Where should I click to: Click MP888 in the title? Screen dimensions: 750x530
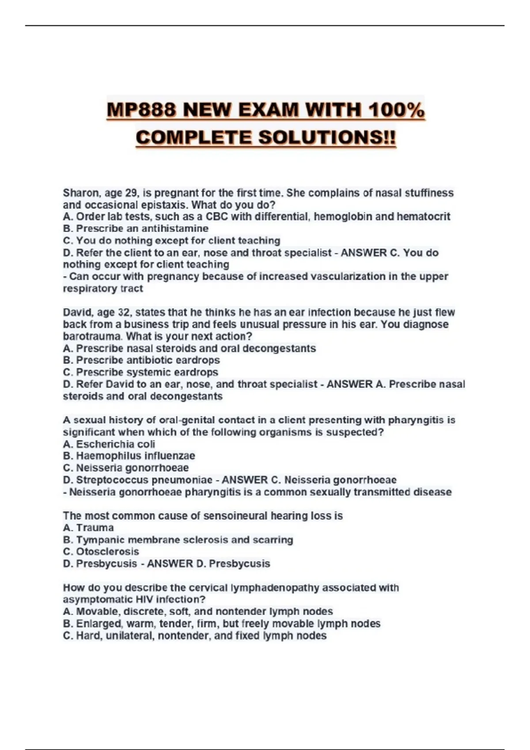coord(142,110)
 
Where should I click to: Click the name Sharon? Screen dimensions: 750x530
coord(81,193)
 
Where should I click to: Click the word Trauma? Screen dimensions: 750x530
coord(95,528)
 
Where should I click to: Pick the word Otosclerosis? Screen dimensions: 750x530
coord(107,552)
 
